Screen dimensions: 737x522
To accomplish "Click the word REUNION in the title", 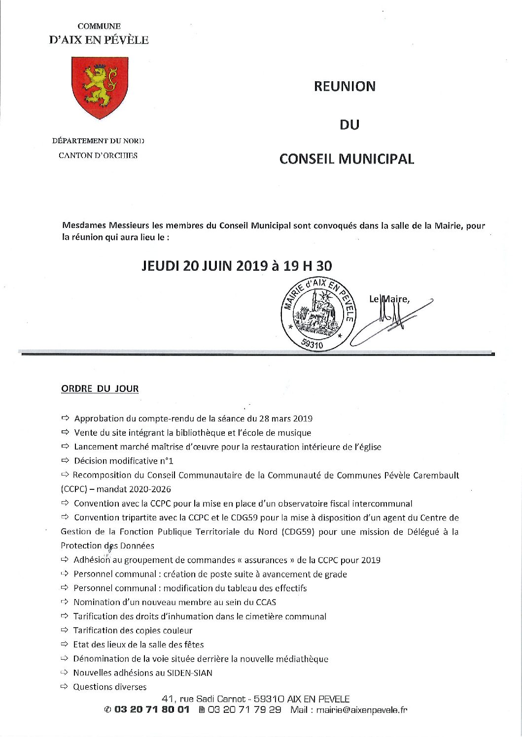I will [x=345, y=86].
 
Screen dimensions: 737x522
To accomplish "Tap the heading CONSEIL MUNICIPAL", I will [x=347, y=159].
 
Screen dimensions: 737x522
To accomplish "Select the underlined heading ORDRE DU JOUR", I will [x=100, y=388].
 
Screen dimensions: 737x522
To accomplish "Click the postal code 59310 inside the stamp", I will [x=311, y=345].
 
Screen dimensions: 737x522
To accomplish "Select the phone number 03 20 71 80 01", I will [x=152, y=710].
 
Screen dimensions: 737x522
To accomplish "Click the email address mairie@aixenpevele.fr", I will [x=362, y=710].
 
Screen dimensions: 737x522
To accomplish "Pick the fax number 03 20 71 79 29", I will [x=244, y=710].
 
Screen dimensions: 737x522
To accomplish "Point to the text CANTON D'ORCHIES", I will [x=98, y=156].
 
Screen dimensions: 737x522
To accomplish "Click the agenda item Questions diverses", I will [x=109, y=687].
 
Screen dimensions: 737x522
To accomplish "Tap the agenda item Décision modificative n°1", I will [x=123, y=461].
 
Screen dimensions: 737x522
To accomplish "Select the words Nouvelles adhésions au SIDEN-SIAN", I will [x=143, y=673].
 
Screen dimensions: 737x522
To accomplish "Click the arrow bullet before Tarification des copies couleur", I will [x=64, y=630].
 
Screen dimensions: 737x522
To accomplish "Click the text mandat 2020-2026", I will [x=134, y=489].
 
